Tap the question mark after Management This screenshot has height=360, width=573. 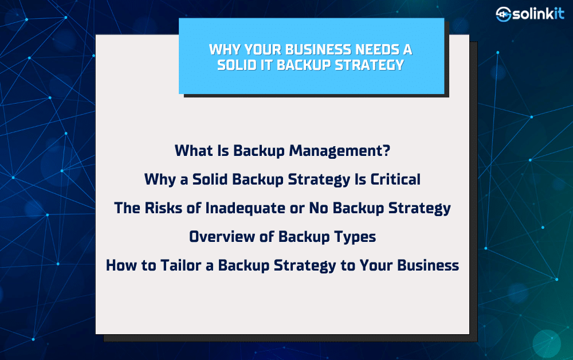386,150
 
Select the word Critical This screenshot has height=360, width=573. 395,179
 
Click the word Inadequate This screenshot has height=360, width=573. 245,208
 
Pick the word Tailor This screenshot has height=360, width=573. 181,265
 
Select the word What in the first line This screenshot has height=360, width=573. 194,150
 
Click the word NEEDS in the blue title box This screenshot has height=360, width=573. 377,49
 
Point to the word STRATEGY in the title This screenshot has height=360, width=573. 369,65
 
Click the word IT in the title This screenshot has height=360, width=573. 267,65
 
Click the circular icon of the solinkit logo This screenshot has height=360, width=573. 503,14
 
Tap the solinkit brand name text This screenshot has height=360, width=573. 538,14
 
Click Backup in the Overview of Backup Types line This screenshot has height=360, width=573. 304,237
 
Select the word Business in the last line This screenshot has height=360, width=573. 428,265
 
